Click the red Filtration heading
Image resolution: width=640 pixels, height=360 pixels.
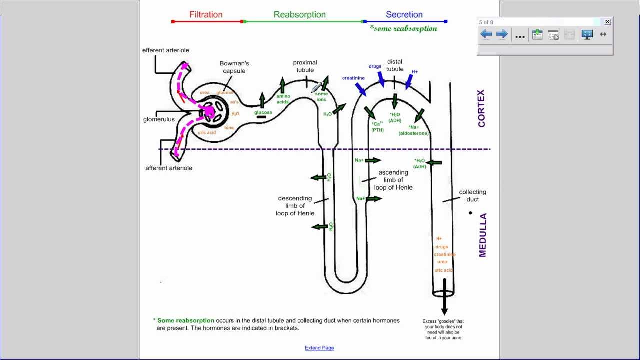[206, 15]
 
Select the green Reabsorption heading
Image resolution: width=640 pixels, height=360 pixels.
[299, 15]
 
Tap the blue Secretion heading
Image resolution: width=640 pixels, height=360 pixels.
[404, 15]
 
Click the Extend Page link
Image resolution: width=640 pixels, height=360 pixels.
[319, 348]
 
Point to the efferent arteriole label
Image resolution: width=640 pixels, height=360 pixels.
[165, 50]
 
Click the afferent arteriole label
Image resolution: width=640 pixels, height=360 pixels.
[168, 168]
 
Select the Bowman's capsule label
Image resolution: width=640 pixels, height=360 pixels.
[234, 67]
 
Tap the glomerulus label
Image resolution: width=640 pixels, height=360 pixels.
[159, 120]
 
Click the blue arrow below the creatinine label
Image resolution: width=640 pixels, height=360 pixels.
[360, 89]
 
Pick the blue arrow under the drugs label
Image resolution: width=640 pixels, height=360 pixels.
[381, 79]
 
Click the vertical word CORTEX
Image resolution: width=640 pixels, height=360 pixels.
[482, 108]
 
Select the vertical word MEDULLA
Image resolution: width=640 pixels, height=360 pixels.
[482, 235]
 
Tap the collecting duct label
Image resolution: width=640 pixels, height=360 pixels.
[472, 195]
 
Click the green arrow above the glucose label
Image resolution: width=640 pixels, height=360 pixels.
[262, 100]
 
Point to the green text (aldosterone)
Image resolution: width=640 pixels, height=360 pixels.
[414, 133]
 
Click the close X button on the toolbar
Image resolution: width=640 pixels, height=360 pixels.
[607, 22]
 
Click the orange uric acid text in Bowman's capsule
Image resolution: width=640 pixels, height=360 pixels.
[206, 133]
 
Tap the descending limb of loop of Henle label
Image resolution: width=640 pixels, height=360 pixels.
[295, 206]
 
